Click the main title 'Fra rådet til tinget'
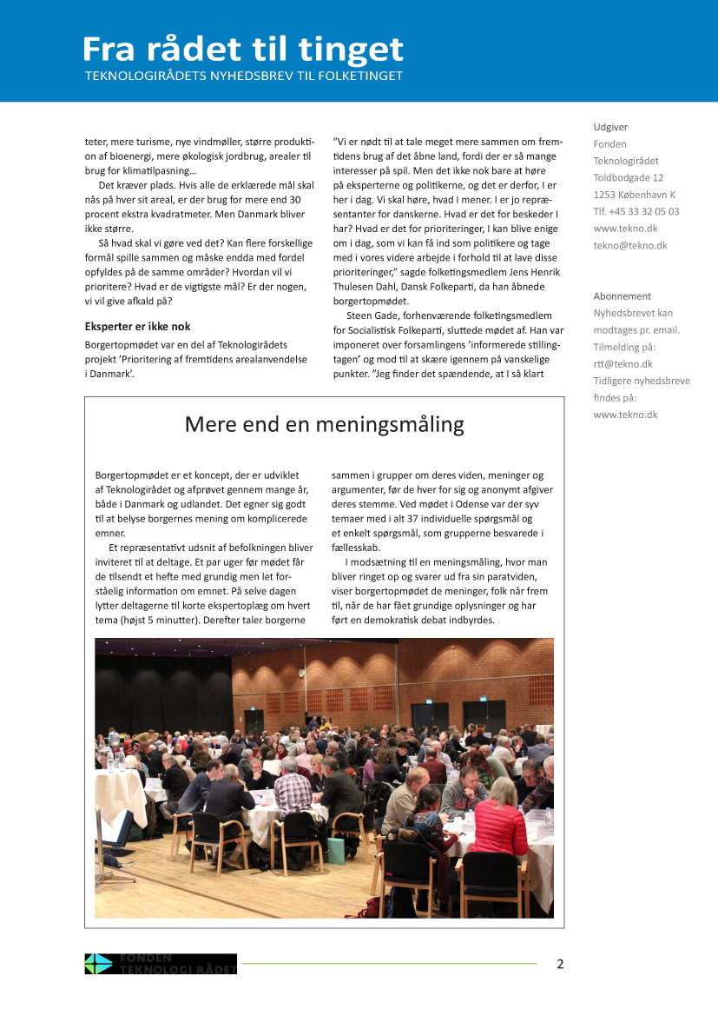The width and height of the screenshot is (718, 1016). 243,50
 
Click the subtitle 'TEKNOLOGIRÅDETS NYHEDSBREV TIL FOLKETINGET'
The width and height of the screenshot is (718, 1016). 243,76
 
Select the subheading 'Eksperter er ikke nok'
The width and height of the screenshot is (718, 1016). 138,327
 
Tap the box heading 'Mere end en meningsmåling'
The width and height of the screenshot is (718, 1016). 324,424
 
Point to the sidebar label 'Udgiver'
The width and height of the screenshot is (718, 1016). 609,127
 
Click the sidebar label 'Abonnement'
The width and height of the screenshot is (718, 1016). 622,296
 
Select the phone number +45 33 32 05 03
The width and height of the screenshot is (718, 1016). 636,211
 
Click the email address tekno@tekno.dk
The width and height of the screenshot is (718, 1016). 630,245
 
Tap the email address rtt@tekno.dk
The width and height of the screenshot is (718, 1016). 622,364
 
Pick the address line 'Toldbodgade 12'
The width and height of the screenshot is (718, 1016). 629,177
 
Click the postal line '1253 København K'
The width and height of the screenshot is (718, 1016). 634,195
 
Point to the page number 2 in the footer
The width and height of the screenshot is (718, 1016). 560,963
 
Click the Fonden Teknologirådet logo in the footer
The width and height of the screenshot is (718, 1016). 160,963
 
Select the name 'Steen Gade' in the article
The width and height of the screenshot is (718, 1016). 374,315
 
